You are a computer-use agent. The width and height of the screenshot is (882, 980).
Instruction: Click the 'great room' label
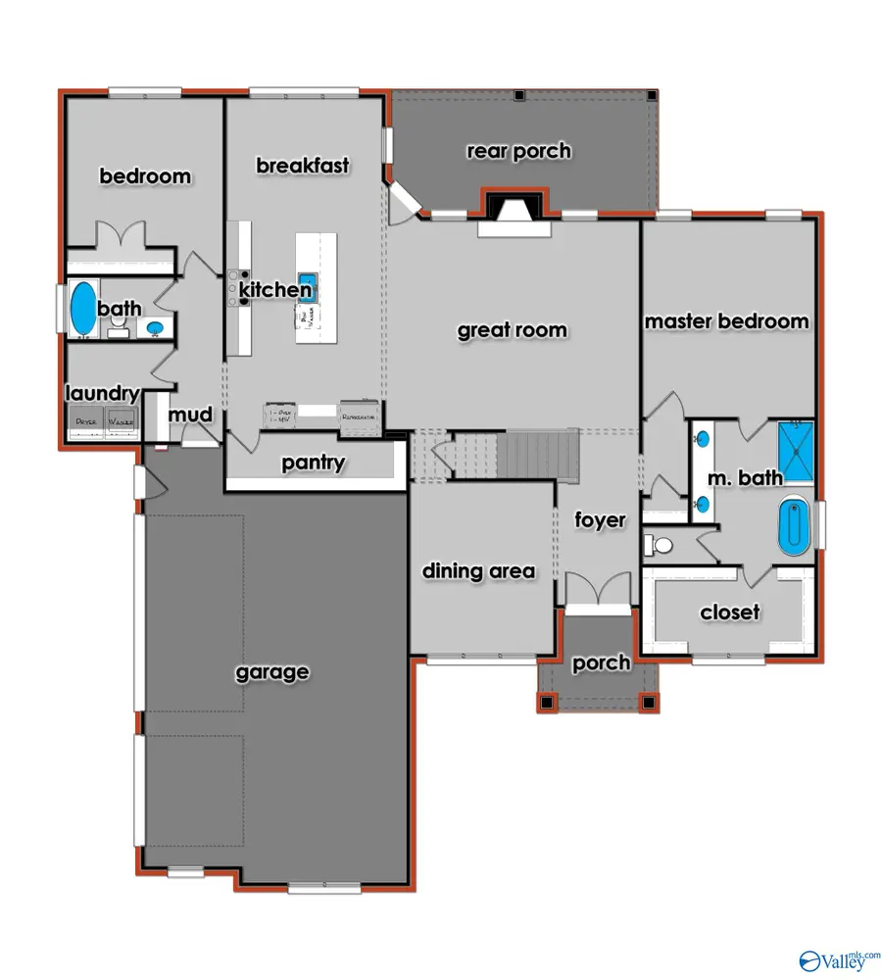tap(512, 330)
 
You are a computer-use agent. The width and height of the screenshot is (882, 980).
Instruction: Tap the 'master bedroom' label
tap(726, 321)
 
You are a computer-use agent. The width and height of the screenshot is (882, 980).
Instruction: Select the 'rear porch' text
tap(518, 151)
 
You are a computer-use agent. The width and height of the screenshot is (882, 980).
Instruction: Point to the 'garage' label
tap(272, 672)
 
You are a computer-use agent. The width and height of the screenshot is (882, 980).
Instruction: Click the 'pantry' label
tap(314, 463)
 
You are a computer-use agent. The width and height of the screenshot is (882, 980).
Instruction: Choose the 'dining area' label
tap(478, 571)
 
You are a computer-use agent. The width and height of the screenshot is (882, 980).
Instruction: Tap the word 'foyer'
tap(600, 519)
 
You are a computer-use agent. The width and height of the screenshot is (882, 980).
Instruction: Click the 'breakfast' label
tap(303, 166)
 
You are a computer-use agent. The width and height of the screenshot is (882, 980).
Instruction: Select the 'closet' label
tap(730, 612)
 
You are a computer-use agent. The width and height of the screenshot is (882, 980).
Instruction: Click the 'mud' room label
tap(190, 416)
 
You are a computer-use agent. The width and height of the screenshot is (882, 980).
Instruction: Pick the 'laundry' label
tap(102, 394)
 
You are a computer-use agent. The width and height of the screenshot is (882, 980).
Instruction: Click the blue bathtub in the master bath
tap(795, 526)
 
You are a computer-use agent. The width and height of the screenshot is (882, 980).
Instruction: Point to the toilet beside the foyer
tap(661, 545)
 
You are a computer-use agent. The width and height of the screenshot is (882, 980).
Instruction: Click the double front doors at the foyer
tap(598, 591)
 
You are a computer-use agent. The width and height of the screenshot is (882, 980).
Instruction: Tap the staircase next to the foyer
tap(524, 456)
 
